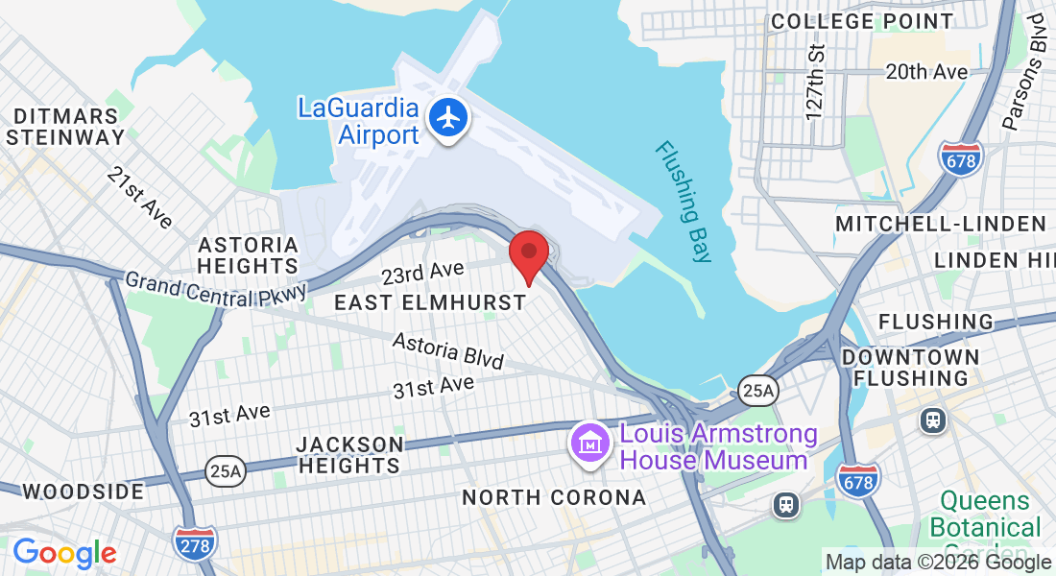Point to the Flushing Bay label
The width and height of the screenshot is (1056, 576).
[x=684, y=202]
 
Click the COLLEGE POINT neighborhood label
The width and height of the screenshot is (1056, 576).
[x=862, y=21]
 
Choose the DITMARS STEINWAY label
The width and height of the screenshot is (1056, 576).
[x=65, y=126]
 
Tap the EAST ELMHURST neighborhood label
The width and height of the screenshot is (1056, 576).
[x=430, y=302]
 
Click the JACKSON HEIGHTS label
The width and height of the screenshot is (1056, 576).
[x=349, y=455]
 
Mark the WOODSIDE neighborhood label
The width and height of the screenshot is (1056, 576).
[x=83, y=492]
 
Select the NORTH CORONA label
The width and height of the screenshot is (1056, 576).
[x=554, y=497]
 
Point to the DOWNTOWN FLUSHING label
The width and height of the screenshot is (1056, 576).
[x=910, y=368]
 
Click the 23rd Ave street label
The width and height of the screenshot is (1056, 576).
[x=416, y=275]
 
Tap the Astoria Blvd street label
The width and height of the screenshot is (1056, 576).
[x=448, y=350]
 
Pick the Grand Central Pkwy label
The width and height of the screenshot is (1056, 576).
[x=216, y=288]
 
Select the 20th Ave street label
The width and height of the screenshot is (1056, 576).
[x=926, y=72]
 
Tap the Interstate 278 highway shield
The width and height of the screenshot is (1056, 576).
[x=195, y=541]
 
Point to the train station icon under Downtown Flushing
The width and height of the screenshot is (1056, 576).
[x=932, y=420]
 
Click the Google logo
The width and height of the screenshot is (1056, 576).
[x=64, y=553]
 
